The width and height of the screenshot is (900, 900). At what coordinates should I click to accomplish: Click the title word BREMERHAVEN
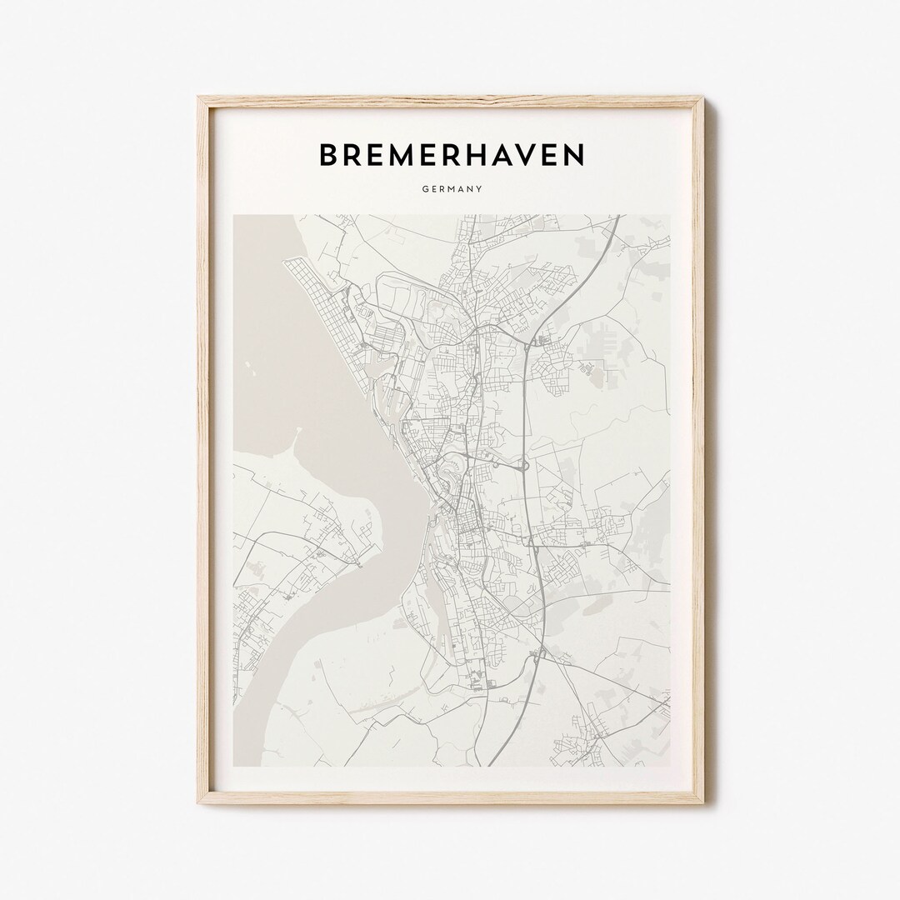451,154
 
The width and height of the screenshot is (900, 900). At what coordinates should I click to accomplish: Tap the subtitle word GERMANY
451,189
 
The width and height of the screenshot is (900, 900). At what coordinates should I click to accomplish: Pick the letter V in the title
539,154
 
